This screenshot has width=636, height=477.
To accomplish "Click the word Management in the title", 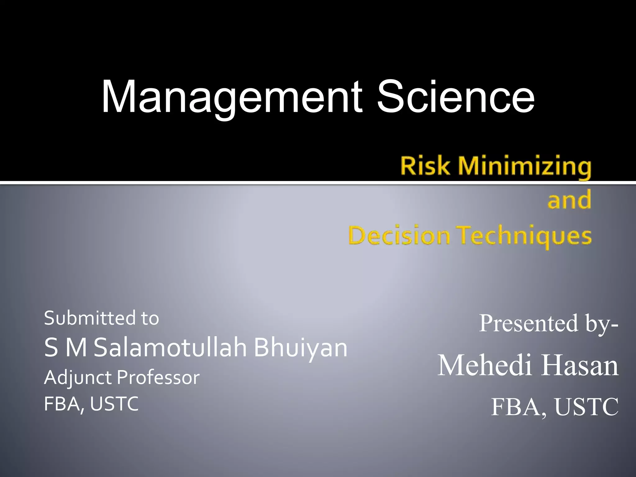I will point(231,97).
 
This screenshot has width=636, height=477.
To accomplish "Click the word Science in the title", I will point(456,97).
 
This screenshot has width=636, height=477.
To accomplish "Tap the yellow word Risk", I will point(425,166).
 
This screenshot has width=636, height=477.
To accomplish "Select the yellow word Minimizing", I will point(525,167).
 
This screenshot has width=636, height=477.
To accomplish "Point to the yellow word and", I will point(569,200).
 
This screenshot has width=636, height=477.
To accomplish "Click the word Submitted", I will point(90,318).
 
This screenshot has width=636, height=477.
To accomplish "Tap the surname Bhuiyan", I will point(300,348).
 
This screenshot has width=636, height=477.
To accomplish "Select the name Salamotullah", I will point(170,348).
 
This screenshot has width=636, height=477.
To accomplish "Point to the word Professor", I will point(158,378).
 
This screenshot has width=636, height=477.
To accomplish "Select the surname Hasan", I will point(580,366).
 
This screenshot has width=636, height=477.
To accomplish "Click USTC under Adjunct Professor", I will point(114,404).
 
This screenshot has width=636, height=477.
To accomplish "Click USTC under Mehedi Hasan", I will point(586,407).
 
